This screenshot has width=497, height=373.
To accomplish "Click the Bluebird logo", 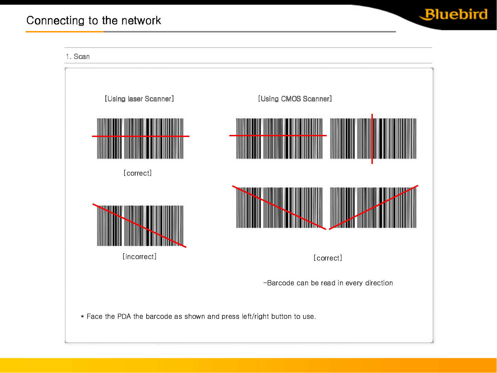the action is point(453,14).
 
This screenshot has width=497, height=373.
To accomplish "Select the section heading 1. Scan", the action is point(78,56).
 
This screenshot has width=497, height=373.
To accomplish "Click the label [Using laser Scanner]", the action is point(139,99).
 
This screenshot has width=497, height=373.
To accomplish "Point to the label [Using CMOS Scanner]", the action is point(295,99).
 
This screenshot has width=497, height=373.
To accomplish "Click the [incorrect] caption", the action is point(139,257).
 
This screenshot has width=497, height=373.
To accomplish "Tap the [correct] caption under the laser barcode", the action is point(138,173).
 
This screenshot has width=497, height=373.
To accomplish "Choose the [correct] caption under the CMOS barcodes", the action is point(328,258).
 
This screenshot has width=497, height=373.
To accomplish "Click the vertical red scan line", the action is point(372,139).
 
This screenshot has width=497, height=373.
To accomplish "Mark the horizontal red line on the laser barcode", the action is point(141,136).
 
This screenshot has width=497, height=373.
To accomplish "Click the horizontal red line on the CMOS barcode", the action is point(278,136).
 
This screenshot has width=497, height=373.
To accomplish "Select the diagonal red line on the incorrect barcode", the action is point(139,226).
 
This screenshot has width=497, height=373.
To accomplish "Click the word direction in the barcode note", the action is point(379,283).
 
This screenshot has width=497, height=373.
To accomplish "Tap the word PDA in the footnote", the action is point(124,316).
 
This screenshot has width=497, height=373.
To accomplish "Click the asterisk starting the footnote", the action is point(82,316).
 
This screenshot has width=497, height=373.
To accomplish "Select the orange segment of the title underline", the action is point(64,32).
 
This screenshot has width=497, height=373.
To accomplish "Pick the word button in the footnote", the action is point(281,316).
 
